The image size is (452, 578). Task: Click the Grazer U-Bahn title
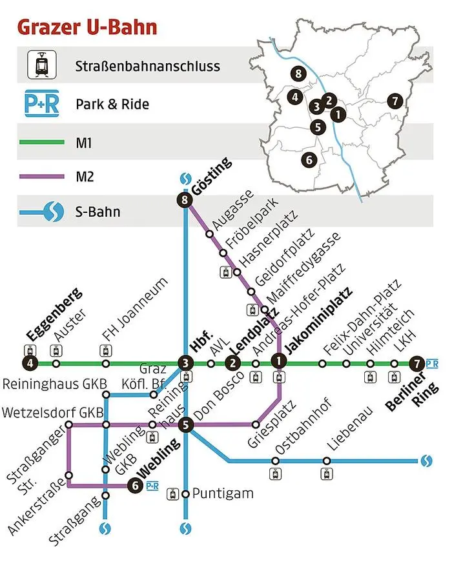[x=87, y=28]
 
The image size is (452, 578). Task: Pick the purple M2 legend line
[x=41, y=175]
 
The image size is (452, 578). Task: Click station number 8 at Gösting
[x=186, y=201]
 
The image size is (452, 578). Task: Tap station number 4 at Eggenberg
[x=32, y=364]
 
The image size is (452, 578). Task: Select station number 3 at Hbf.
[x=186, y=364]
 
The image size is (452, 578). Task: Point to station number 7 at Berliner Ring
[x=418, y=364]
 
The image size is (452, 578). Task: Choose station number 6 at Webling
[x=135, y=486]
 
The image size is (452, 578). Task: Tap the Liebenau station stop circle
[x=327, y=461]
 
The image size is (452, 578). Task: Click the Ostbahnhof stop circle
[x=276, y=461]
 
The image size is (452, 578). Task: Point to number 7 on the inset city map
[x=395, y=101]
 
